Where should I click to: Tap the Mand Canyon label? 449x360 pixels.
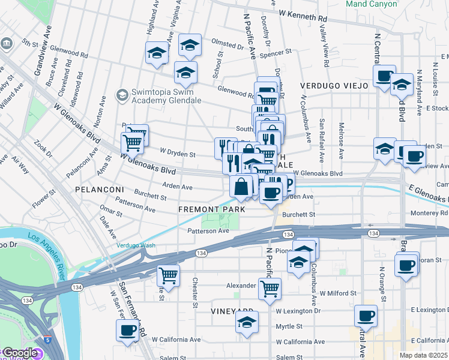coord(371,4)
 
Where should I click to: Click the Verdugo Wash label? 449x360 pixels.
coord(135,245)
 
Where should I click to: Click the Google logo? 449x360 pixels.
coord(19,353)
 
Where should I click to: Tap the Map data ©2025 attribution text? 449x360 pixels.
coord(424,355)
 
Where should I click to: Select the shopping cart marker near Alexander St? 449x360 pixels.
coord(270,289)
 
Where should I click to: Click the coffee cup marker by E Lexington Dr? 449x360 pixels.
coord(366,315)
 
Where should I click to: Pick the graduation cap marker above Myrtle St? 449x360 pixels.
coord(246,322)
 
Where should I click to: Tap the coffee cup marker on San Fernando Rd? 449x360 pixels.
coord(128,330)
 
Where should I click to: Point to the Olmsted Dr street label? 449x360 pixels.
coord(226,43)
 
